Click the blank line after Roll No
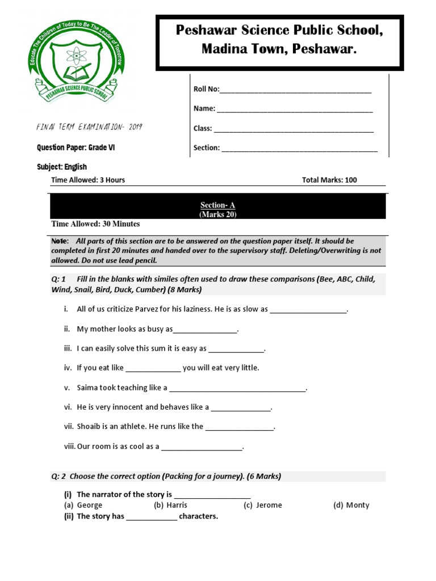pos(295,91)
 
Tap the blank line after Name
pos(295,110)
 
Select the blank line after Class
pos(294,130)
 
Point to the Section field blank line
pos(299,149)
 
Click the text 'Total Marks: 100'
pos(329,180)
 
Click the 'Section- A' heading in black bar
pos(217,205)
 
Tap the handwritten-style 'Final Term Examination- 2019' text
pos(90,127)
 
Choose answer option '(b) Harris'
pos(170,505)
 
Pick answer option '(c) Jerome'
pos(263,505)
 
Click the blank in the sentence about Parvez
pos(308,311)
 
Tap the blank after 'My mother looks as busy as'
pos(205,331)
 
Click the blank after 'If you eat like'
pos(153,369)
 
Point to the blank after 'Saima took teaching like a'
pos(237,390)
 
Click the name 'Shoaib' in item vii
pos(89,426)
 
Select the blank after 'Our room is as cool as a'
pos(202,448)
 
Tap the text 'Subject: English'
pos(62,167)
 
